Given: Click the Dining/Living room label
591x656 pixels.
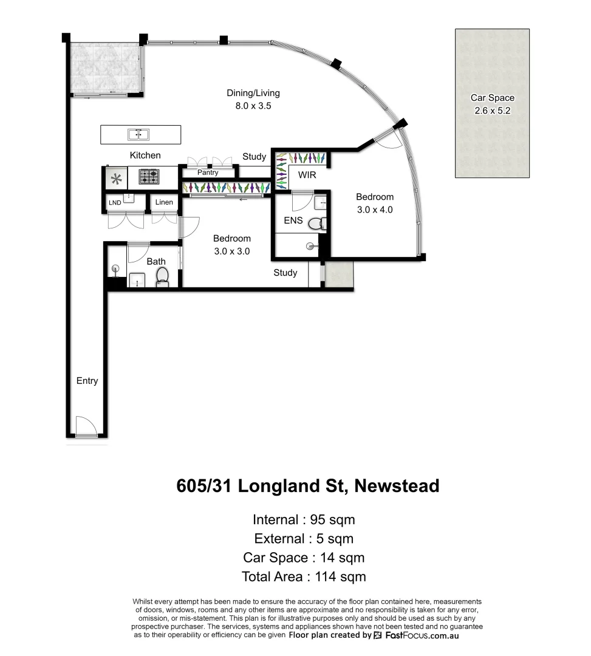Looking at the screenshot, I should tap(253, 93).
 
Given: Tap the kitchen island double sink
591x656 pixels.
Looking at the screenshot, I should tap(138, 134).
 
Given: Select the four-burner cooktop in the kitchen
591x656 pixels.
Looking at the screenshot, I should tap(149, 177).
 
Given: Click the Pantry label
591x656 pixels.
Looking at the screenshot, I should tap(208, 173).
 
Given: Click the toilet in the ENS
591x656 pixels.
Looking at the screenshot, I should tap(315, 224).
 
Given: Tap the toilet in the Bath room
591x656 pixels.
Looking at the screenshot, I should tap(162, 276).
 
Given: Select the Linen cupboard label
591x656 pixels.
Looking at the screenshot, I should tap(163, 202).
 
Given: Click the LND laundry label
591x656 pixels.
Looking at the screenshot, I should tap(114, 202).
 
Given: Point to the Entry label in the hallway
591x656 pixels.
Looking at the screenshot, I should tap(87, 381).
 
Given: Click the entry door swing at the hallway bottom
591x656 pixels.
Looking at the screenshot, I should tap(85, 426).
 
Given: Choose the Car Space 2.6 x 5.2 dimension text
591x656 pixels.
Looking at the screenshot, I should tap(492, 110).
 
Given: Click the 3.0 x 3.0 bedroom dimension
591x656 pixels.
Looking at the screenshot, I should tap(231, 250).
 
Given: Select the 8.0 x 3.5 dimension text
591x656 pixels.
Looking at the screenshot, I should tap(253, 105).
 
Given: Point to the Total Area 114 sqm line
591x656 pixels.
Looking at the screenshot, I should tap(304, 576).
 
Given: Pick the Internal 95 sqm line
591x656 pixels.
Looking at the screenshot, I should tap(304, 520).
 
